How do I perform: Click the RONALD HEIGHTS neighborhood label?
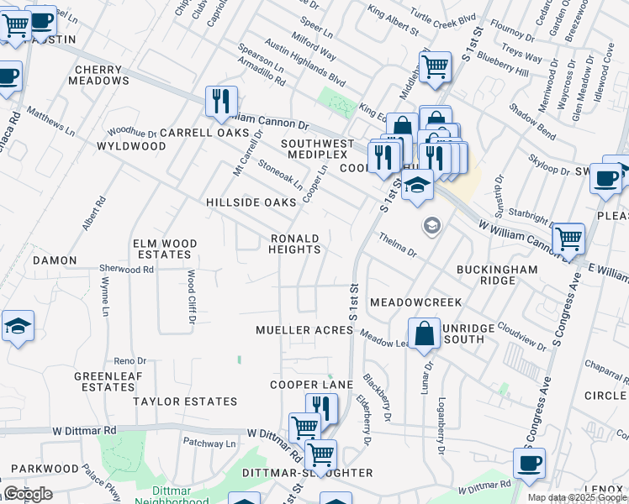[x=295, y=244]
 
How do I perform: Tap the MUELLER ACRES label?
[x=304, y=330]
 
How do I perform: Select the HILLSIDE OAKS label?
[x=251, y=202]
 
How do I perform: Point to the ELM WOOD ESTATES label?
[x=165, y=249]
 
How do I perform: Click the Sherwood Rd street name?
[x=126, y=270]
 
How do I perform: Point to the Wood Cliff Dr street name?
[x=191, y=297]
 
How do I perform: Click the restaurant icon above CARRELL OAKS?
[x=221, y=101]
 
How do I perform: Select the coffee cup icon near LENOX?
[x=529, y=463]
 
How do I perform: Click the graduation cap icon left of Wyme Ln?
[x=18, y=326]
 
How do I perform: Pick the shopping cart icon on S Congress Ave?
[x=569, y=239]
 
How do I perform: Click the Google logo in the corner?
[x=28, y=494]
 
